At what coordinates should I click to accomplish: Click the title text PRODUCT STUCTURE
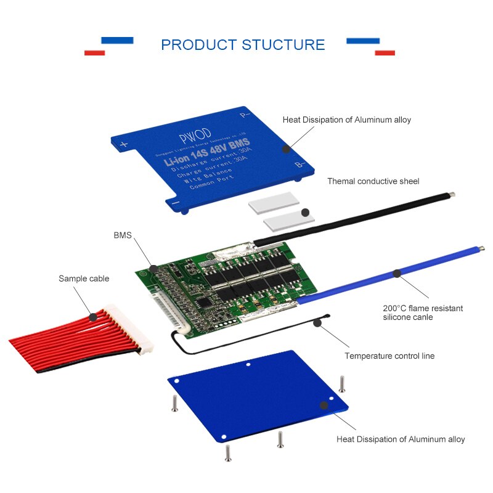coord(243,45)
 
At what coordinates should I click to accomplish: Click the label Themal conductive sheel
coord(373,181)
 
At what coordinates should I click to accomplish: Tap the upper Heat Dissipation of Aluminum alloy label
coord(346,120)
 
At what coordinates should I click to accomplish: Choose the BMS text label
coord(123,235)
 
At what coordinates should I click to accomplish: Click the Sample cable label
coord(84,279)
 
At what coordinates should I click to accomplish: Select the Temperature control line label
coord(389,356)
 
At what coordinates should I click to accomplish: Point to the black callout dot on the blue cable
coord(397,272)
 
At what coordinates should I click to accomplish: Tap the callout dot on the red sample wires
coord(92,317)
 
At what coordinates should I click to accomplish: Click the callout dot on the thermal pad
coord(304,212)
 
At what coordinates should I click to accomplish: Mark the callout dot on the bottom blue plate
coord(322,405)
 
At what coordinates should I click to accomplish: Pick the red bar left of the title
coord(94,53)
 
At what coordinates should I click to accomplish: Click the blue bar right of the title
coord(363,41)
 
